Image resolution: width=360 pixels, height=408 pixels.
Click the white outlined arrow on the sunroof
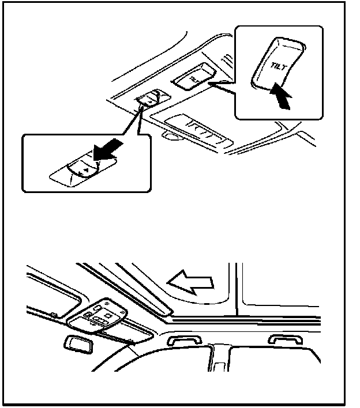(x=190, y=281)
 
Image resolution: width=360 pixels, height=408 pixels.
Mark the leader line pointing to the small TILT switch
(x=222, y=87)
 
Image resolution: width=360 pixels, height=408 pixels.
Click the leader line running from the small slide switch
(x=139, y=124)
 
